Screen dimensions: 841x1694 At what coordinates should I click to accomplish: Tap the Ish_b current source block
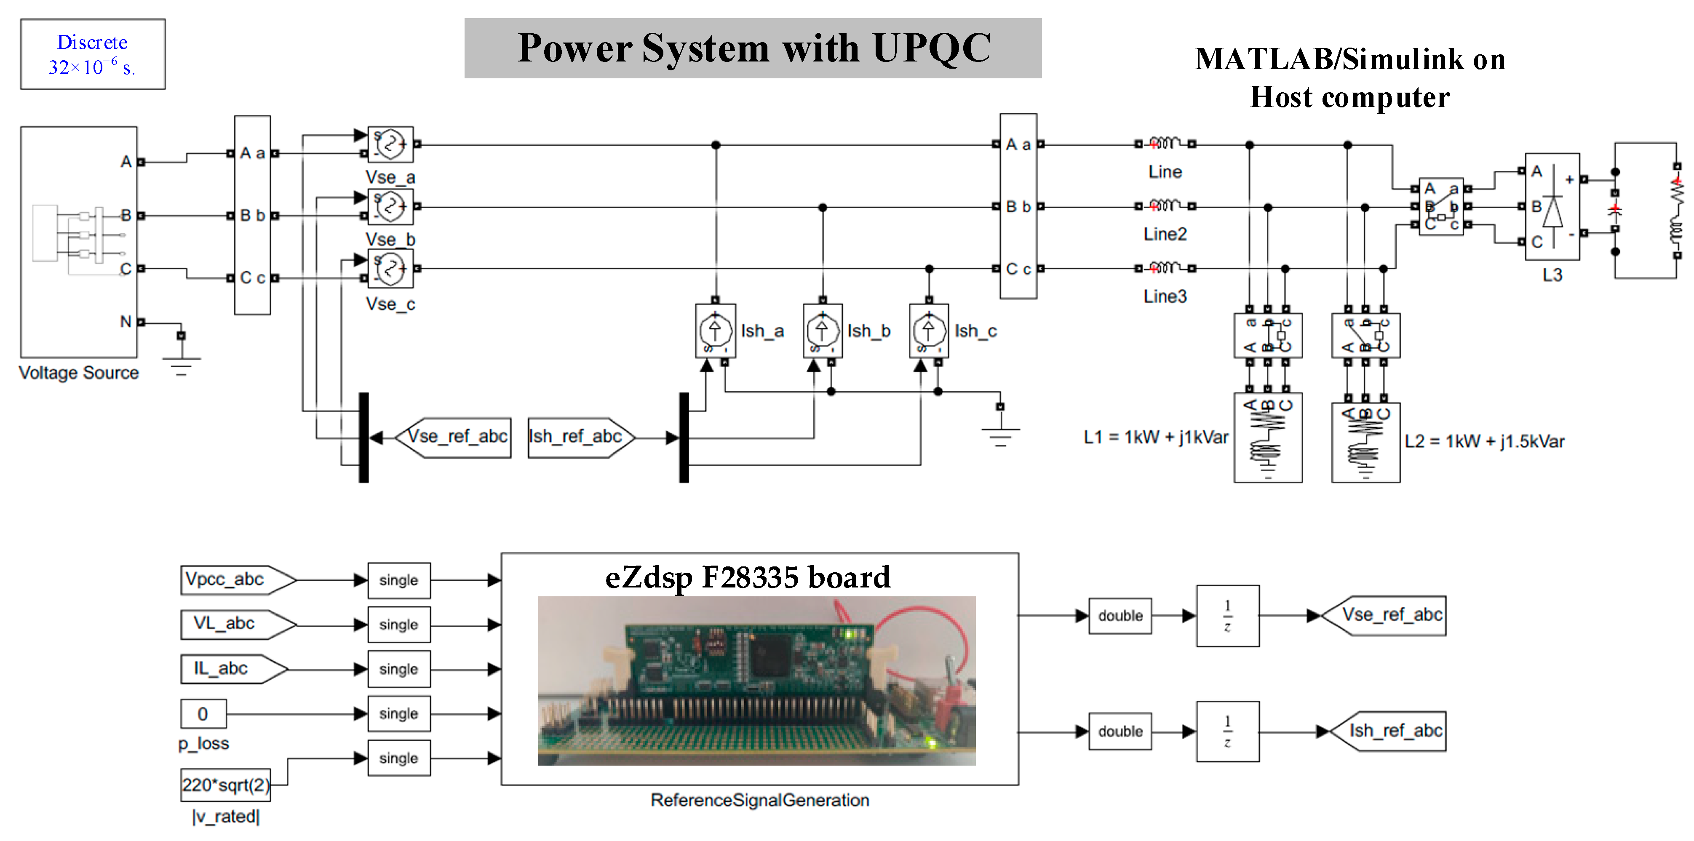click(822, 330)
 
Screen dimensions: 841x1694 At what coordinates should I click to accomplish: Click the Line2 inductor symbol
click(1165, 206)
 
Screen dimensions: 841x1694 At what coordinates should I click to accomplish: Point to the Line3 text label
click(1165, 296)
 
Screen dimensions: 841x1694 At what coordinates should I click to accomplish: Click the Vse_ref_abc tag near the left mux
click(454, 437)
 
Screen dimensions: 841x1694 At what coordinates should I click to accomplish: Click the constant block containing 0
click(203, 713)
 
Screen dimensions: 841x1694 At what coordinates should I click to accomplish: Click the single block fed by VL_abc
click(398, 625)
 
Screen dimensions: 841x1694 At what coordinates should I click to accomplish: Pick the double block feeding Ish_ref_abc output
click(1120, 731)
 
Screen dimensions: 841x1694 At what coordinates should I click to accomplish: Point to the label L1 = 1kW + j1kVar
click(1155, 437)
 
